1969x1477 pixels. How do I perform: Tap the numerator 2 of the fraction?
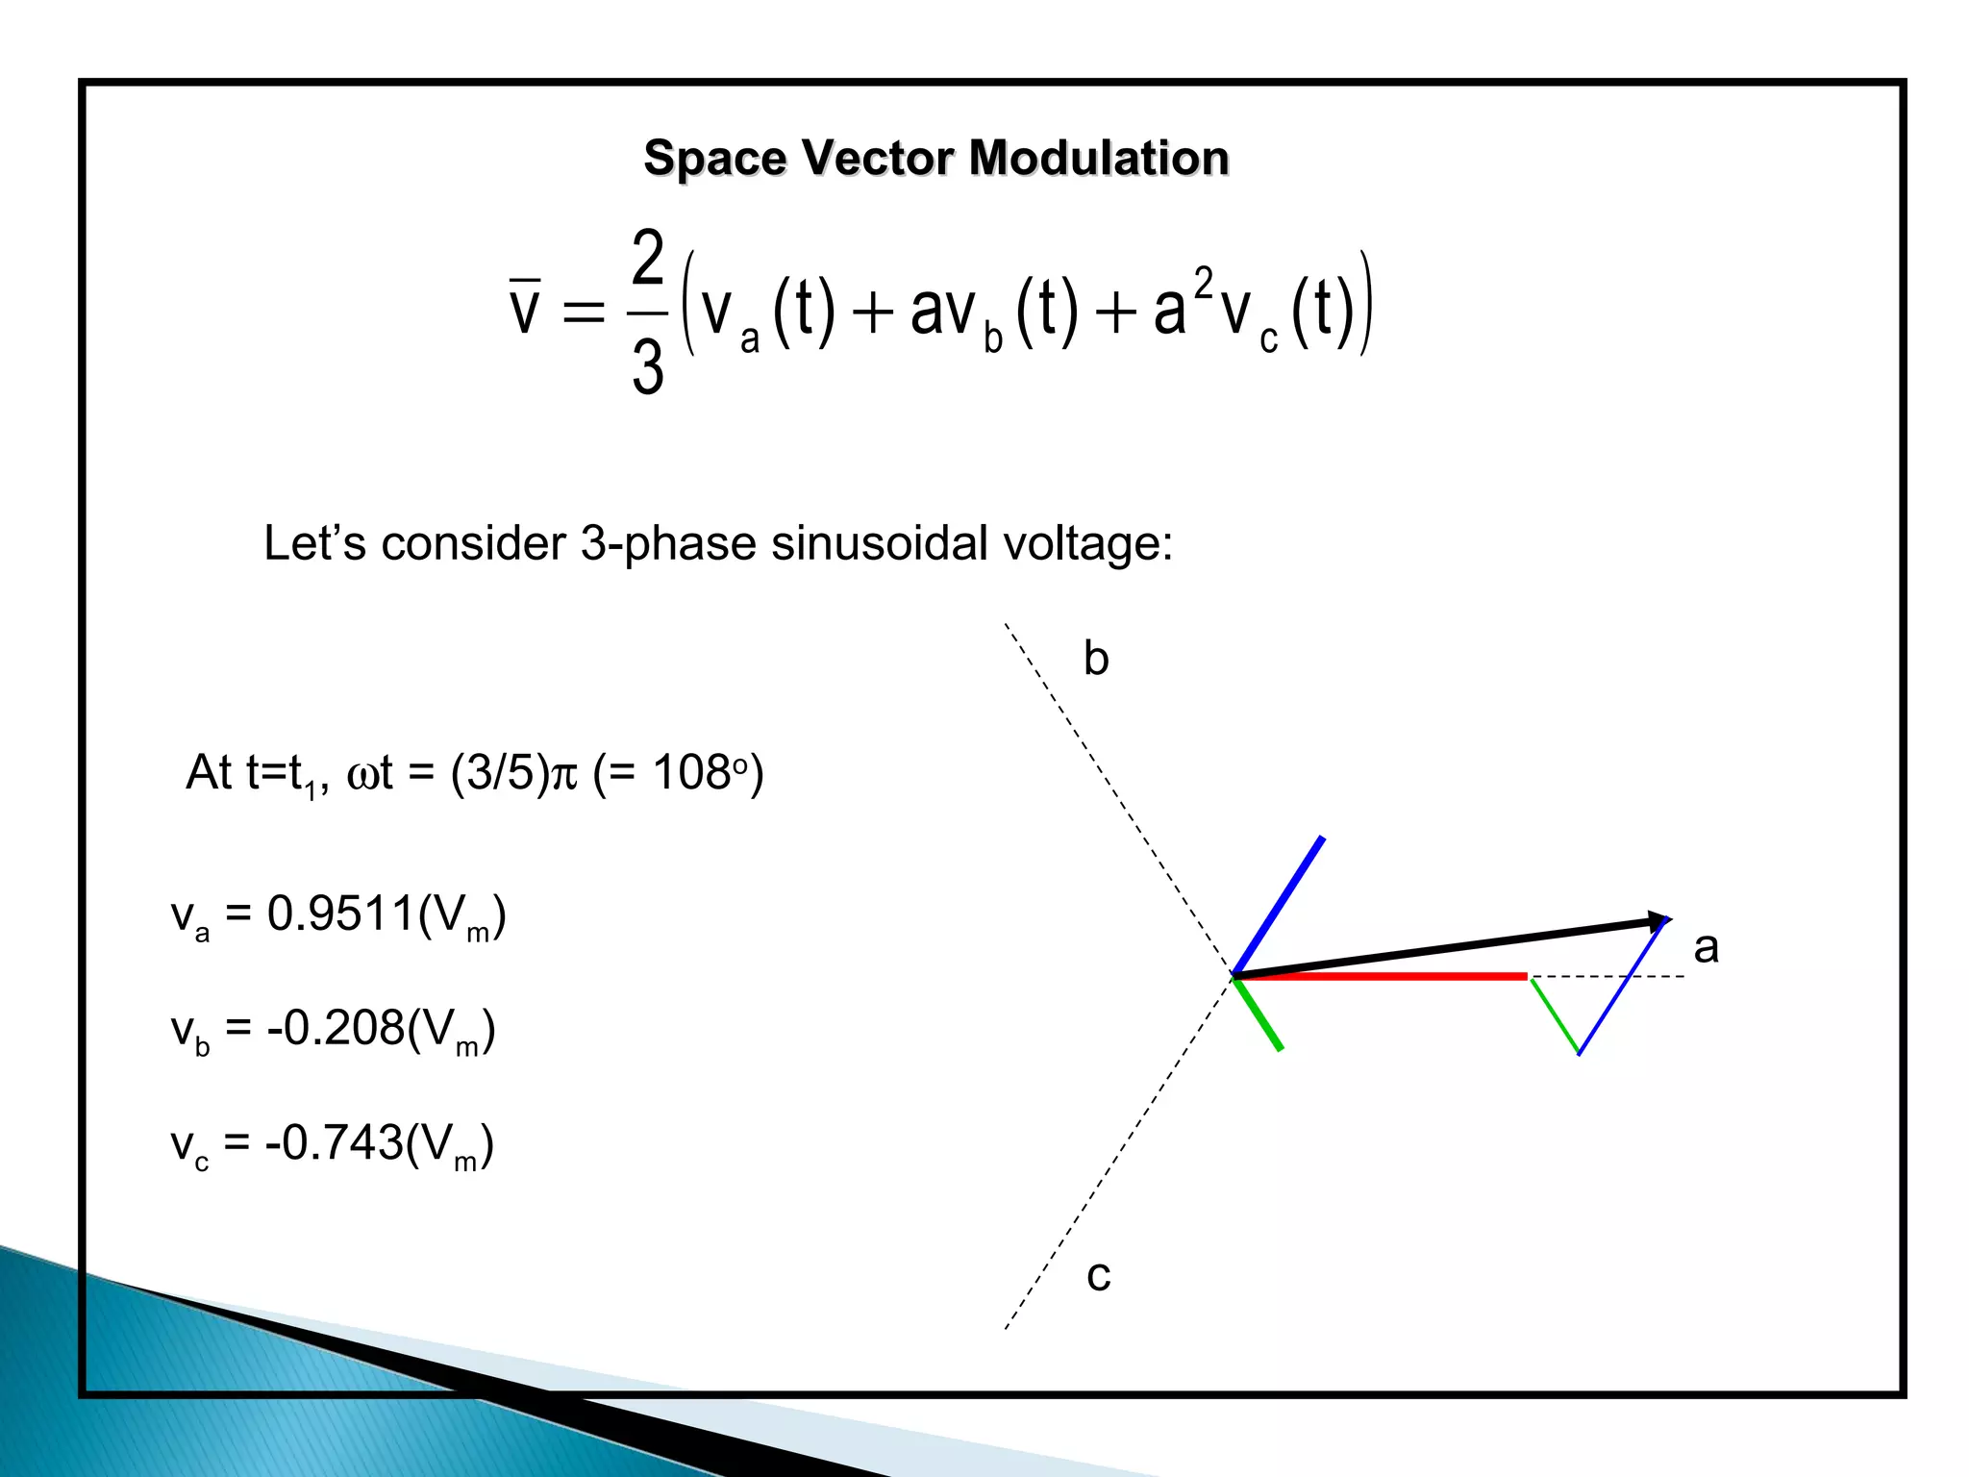tap(648, 257)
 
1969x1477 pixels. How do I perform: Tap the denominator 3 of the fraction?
tap(648, 366)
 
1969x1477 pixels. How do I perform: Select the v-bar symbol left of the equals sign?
tap(525, 306)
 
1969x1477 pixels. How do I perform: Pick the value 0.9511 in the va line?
tap(340, 914)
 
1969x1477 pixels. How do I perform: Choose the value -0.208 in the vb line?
tap(336, 1028)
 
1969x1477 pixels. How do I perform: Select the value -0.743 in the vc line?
tap(334, 1142)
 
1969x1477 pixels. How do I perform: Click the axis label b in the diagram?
tap(1096, 660)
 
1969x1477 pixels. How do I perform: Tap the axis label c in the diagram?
tap(1098, 1276)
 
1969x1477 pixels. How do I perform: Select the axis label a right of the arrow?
tap(1706, 948)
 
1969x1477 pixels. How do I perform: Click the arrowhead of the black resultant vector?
tap(1658, 922)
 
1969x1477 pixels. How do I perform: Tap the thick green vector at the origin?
tap(1259, 1014)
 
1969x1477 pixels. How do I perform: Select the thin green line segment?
tap(1555, 1015)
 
